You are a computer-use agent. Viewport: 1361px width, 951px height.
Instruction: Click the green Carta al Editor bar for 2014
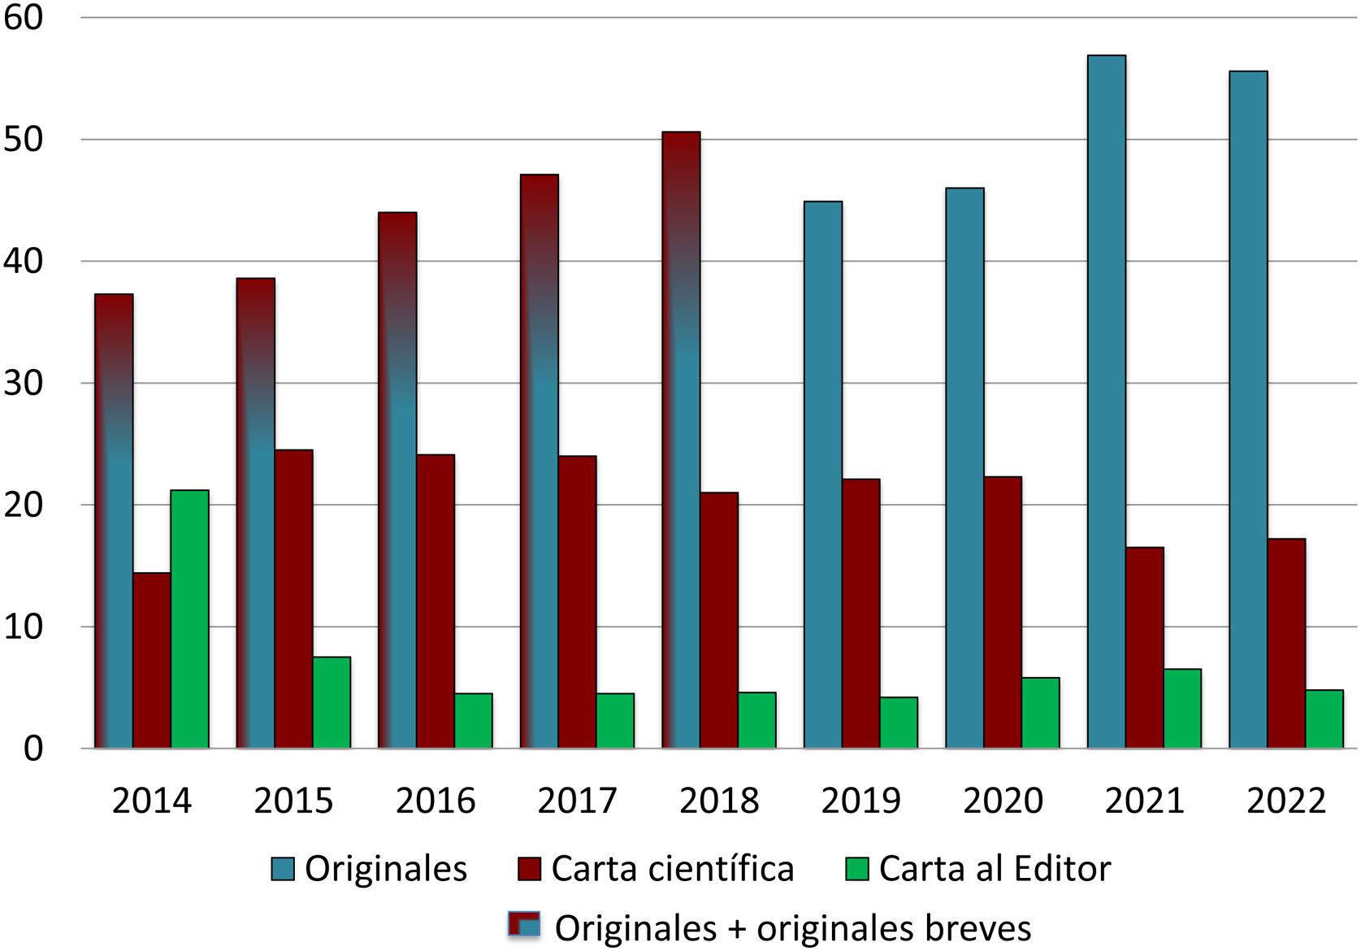pyautogui.click(x=189, y=619)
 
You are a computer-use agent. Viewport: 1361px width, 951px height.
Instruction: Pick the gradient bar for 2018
pyautogui.click(x=681, y=440)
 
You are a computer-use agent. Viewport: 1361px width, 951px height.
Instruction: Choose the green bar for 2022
pyautogui.click(x=1324, y=719)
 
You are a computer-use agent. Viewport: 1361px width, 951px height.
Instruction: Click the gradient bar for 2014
pyautogui.click(x=114, y=521)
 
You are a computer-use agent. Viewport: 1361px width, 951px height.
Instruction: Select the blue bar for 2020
pyautogui.click(x=964, y=468)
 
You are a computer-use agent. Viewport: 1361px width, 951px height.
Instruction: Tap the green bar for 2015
pyautogui.click(x=332, y=702)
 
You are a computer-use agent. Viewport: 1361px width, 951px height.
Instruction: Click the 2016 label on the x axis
pyautogui.click(x=435, y=801)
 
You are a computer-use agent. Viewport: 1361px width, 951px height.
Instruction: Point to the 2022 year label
pyautogui.click(x=1285, y=801)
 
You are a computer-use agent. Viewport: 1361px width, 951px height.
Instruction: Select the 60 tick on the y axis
pyautogui.click(x=23, y=18)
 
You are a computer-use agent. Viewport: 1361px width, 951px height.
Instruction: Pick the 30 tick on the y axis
pyautogui.click(x=23, y=383)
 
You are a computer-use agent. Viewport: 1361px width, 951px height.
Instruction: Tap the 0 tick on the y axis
pyautogui.click(x=33, y=748)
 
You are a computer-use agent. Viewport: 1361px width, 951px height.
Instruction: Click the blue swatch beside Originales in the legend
pyautogui.click(x=284, y=869)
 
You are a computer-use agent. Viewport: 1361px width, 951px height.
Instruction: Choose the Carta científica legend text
pyautogui.click(x=672, y=869)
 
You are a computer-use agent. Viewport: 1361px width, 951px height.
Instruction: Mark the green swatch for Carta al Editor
pyautogui.click(x=857, y=869)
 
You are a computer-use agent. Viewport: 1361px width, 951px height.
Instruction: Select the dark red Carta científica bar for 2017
pyautogui.click(x=577, y=602)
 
